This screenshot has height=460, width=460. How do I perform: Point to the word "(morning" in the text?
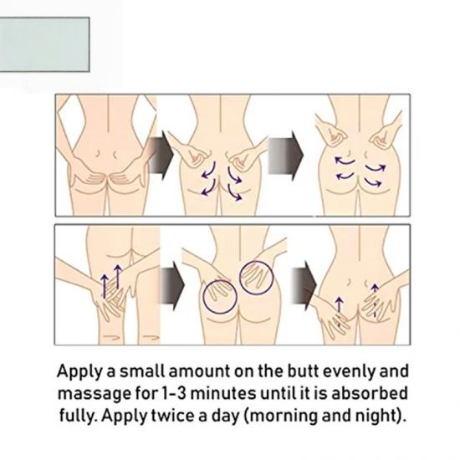coord(281,417)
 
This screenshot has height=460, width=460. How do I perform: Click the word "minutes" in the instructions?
coord(223,393)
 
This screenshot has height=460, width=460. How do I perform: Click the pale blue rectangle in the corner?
coord(44,44)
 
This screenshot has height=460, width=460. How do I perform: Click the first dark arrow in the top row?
coord(161,156)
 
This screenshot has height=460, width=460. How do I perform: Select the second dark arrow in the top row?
coord(285,156)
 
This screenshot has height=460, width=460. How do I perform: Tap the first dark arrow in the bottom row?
coord(172,285)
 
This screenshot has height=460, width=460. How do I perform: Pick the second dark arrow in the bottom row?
coord(304,285)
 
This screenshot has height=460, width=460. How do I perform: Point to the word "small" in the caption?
coord(142,371)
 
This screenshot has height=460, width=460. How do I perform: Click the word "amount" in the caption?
coord(200,371)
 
